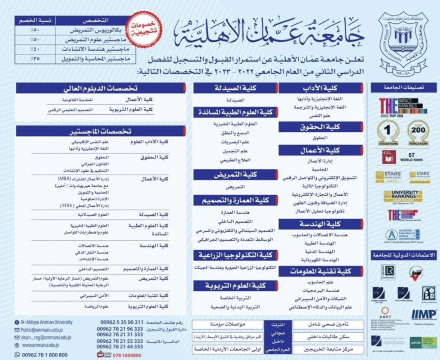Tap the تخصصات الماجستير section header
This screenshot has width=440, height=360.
[101, 131]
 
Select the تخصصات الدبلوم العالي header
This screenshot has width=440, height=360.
[101, 89]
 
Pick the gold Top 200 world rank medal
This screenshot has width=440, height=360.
[417, 132]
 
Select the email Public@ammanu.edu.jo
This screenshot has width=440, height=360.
[43, 330]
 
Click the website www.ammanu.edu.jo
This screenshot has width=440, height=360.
[40, 345]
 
